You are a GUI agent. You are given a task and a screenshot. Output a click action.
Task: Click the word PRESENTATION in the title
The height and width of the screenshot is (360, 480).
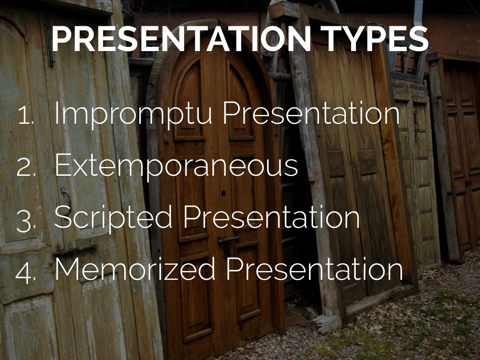[181, 38]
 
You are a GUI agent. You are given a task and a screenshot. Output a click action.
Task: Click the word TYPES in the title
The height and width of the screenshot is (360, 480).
[374, 38]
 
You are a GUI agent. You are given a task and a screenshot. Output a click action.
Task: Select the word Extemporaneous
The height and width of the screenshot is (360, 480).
[176, 166]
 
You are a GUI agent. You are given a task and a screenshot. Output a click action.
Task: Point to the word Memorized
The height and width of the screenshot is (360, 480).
[135, 269]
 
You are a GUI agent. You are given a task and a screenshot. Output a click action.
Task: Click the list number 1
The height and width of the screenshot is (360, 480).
[26, 115]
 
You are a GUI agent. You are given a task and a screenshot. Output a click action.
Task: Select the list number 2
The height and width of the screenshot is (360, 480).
[26, 167]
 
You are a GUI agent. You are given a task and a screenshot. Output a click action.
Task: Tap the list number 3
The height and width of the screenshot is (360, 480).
[26, 219]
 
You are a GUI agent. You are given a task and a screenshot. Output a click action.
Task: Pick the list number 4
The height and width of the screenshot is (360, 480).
[26, 271]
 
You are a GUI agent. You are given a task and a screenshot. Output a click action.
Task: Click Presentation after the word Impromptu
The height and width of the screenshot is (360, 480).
[311, 113]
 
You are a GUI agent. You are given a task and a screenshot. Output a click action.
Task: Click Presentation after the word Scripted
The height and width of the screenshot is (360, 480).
[271, 217]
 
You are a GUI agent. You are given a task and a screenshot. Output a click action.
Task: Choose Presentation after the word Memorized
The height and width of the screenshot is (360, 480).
[315, 269]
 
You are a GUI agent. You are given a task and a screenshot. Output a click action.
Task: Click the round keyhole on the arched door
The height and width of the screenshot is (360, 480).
[224, 194]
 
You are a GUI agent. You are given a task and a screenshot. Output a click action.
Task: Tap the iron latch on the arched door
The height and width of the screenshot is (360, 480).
[229, 240]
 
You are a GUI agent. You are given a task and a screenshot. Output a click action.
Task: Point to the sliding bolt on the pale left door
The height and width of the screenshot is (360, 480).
[75, 248]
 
